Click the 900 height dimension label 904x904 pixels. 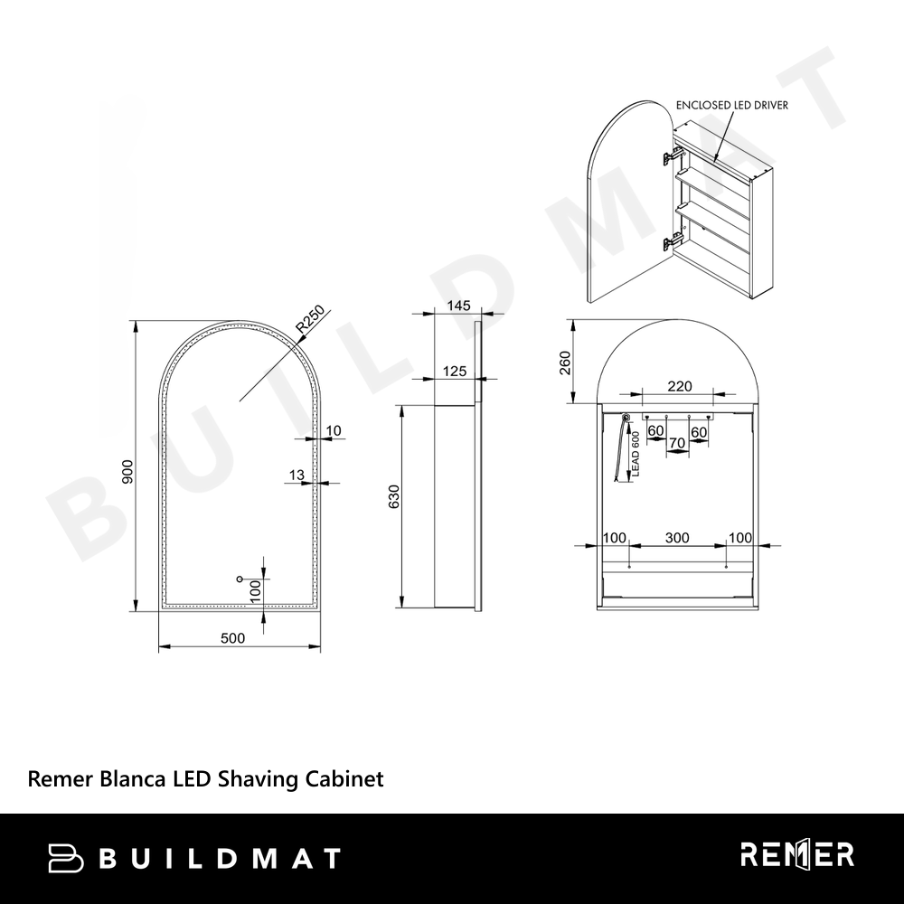click(x=127, y=472)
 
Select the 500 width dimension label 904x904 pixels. click(x=233, y=638)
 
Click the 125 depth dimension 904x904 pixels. click(x=455, y=372)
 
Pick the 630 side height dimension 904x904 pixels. click(x=394, y=496)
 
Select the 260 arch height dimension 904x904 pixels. click(x=565, y=363)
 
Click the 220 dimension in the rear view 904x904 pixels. click(x=680, y=386)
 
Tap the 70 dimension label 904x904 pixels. click(x=677, y=443)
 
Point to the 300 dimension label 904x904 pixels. click(x=677, y=538)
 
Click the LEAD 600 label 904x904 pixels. click(x=636, y=455)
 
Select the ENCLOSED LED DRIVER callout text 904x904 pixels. click(x=731, y=106)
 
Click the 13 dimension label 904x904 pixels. click(x=297, y=476)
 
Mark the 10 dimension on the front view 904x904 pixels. click(x=334, y=430)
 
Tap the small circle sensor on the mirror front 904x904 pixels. click(x=240, y=579)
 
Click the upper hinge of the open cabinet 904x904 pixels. click(x=673, y=154)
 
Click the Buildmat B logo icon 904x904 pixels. click(x=65, y=858)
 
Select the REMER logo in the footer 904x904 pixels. click(x=797, y=855)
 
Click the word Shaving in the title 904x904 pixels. click(x=259, y=779)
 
